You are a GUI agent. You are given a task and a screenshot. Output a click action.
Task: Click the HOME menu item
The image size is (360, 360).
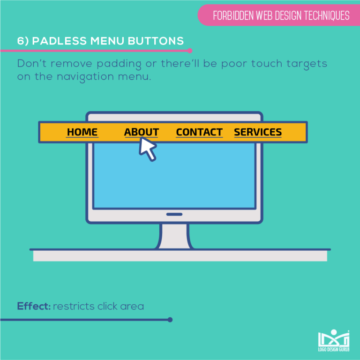pyautogui.click(x=82, y=132)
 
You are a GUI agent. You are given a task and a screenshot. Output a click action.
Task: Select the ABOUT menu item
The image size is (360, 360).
pyautogui.click(x=141, y=132)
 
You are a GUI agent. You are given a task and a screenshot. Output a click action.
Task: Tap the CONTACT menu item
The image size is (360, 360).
pyautogui.click(x=199, y=132)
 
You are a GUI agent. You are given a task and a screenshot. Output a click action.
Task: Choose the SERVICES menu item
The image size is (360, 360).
pyautogui.click(x=258, y=132)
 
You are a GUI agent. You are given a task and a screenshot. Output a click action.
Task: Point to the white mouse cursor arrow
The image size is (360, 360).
pyautogui.click(x=147, y=149)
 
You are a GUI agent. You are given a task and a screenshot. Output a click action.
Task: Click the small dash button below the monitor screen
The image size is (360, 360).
pyautogui.click(x=174, y=214)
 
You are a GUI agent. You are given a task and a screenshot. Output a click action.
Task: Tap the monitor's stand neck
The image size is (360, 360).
pyautogui.click(x=174, y=235)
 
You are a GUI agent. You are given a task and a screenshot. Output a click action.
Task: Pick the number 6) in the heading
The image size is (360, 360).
pyautogui.click(x=23, y=41)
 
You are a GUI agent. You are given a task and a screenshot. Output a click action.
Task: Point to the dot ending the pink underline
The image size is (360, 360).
pyautogui.click(x=189, y=51)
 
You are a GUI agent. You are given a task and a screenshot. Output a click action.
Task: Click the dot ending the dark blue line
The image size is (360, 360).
pyautogui.click(x=170, y=320)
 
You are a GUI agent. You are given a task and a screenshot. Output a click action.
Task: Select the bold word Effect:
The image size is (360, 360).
pyautogui.click(x=34, y=307)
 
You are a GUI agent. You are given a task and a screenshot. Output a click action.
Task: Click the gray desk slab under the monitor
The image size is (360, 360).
pyautogui.click(x=180, y=256)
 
